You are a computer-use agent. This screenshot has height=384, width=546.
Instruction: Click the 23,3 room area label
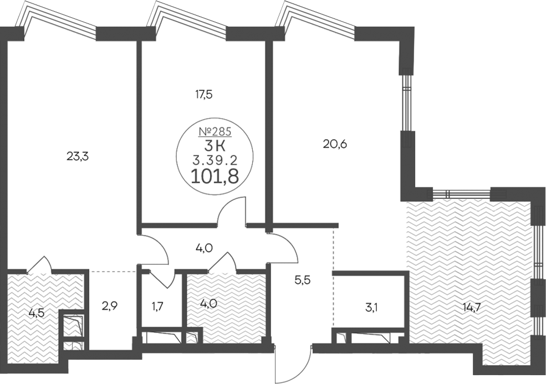pyautogui.click(x=78, y=157)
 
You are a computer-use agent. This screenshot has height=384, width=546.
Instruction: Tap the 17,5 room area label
pyautogui.click(x=203, y=94)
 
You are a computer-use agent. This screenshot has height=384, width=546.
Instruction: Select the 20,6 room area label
pyautogui.click(x=335, y=144)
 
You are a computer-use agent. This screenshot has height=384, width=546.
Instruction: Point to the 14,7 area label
pyautogui.click(x=472, y=308)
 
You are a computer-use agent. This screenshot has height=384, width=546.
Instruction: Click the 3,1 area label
pyautogui.click(x=372, y=308)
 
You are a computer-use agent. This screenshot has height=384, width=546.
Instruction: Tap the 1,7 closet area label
pyautogui.click(x=158, y=306)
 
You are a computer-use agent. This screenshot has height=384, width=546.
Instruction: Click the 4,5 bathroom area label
pyautogui.click(x=37, y=313)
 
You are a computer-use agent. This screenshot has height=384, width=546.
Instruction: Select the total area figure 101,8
pyautogui.click(x=215, y=176)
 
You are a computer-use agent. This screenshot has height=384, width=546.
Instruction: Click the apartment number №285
pyautogui.click(x=215, y=131)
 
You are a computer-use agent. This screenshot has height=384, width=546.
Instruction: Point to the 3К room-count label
pyautogui.click(x=215, y=146)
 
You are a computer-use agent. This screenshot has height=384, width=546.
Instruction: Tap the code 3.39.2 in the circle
pyautogui.click(x=215, y=160)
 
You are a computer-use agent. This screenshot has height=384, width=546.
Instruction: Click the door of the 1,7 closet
pyautogui.click(x=160, y=279)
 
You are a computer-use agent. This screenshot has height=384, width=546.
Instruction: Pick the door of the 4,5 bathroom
pyautogui.click(x=39, y=263)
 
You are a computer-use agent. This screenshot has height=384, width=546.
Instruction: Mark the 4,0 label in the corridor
pyautogui.click(x=205, y=248)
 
